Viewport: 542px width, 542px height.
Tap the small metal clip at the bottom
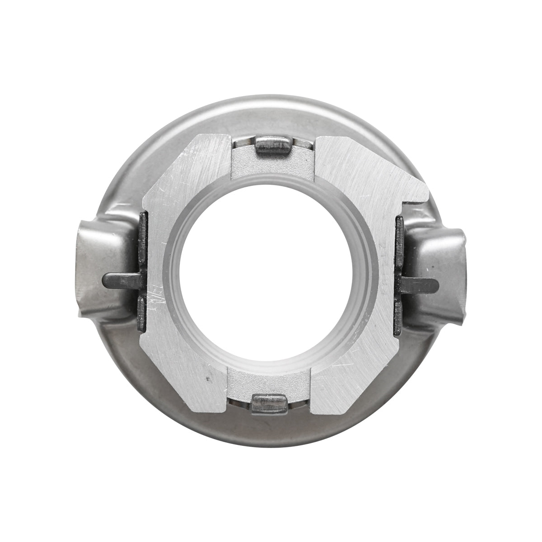click(x=270, y=403)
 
